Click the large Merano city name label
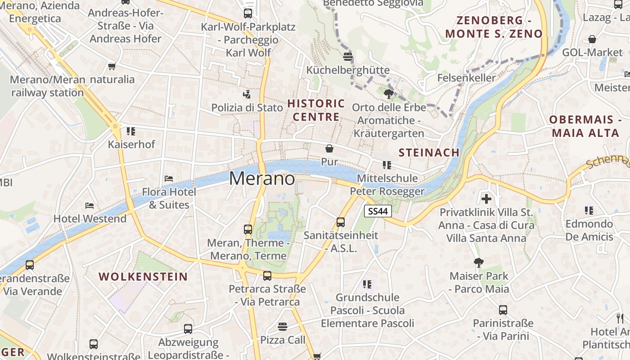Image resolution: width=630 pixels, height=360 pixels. (x=262, y=179)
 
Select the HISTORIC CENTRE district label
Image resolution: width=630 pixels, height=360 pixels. (x=316, y=110)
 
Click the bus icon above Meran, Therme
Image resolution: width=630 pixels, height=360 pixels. (x=248, y=229)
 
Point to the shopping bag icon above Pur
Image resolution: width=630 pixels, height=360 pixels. (x=329, y=148)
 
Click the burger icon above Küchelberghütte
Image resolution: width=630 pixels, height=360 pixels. (x=347, y=57)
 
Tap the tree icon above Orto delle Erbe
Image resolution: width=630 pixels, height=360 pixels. (x=389, y=94)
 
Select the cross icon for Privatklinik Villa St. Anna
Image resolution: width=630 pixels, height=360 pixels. (x=486, y=198)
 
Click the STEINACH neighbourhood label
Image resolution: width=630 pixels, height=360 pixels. (x=429, y=153)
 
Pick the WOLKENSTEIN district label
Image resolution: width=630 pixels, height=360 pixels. (x=143, y=276)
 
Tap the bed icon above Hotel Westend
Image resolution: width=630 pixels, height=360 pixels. (x=90, y=206)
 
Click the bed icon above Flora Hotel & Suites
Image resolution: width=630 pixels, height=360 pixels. (x=169, y=179)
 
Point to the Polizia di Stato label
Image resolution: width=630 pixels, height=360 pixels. (x=247, y=108)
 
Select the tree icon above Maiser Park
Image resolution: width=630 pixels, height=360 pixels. (x=479, y=262)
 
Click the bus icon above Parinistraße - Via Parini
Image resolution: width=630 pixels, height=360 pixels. (x=503, y=310)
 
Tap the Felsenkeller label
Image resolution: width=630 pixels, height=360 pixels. (x=466, y=78)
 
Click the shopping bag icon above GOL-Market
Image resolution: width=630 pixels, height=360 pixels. (x=592, y=39)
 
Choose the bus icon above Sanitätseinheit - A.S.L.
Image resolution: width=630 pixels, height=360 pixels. (x=341, y=222)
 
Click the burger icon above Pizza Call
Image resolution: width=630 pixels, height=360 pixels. (x=283, y=326)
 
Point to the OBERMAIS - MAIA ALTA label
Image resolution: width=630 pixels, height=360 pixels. (x=582, y=126)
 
